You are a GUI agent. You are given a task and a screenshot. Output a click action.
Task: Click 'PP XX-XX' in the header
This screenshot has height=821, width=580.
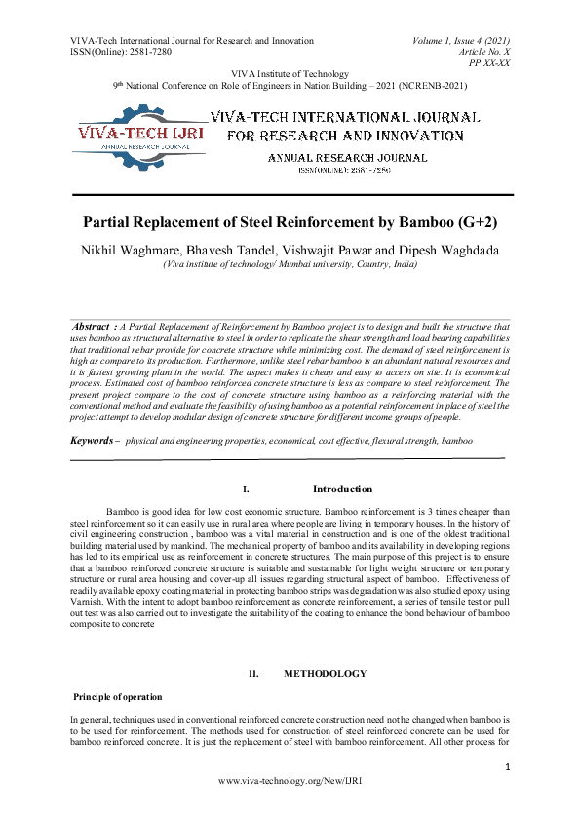point(489,62)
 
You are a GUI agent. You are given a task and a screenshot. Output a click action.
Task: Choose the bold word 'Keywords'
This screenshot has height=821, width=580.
point(92,442)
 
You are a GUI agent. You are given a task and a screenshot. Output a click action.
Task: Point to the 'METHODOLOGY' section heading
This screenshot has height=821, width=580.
point(326,674)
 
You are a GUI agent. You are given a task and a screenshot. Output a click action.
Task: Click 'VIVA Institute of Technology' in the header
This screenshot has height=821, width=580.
point(290,74)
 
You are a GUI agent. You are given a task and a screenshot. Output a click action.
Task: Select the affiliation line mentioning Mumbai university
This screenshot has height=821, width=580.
point(290,264)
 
